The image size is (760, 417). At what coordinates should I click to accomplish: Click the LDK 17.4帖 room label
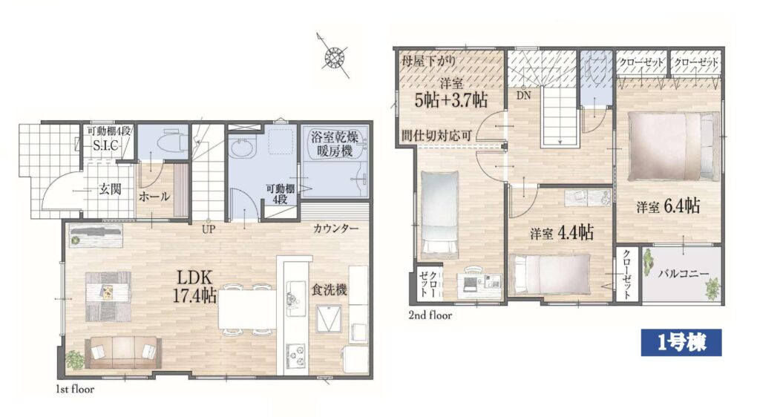click(194, 286)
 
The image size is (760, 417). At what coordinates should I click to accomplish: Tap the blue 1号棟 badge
click(681, 342)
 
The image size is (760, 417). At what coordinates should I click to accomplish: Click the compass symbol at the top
click(333, 56)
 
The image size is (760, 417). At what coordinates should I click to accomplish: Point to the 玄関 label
click(110, 189)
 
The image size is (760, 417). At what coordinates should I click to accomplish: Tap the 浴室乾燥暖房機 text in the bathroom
click(335, 144)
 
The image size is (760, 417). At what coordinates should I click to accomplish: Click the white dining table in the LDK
click(246, 309)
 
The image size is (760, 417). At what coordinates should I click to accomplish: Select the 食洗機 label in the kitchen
click(329, 289)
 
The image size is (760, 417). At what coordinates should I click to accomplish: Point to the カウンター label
click(336, 229)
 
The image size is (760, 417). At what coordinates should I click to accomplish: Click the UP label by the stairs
click(209, 229)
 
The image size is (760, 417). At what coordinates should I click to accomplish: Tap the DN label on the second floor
click(523, 96)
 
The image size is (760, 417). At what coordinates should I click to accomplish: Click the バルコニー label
click(684, 274)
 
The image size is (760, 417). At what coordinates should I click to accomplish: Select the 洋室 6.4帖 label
click(669, 207)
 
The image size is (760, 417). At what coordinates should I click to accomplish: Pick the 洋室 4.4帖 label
click(562, 234)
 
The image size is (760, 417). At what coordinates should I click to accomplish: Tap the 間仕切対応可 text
click(436, 136)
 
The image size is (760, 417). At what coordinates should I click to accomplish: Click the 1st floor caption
click(75, 389)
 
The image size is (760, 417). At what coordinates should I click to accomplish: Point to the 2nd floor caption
click(430, 315)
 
